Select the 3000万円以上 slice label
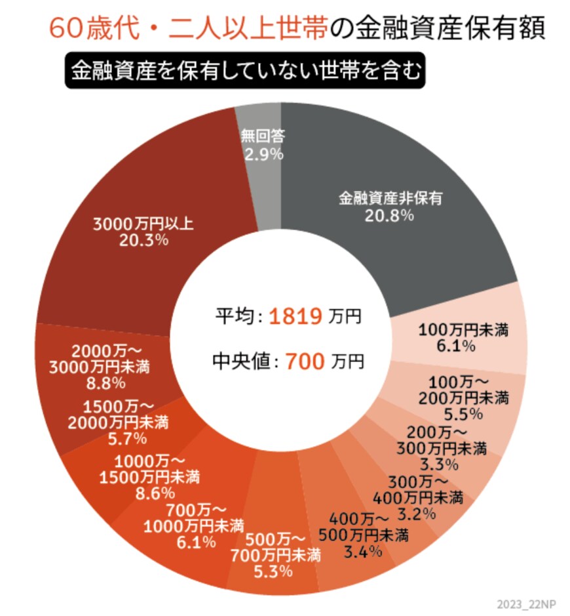click(x=143, y=224)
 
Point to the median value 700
click(x=305, y=360)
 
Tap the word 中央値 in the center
click(x=242, y=360)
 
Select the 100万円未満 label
click(x=463, y=329)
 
